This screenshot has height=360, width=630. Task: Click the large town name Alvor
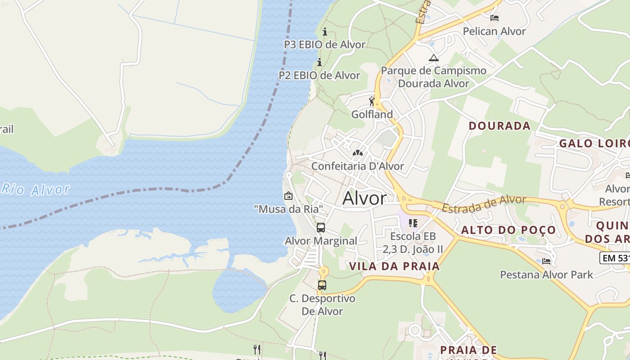click(364, 198)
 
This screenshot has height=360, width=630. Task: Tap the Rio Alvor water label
click(36, 189)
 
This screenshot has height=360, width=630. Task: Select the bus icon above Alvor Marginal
click(321, 228)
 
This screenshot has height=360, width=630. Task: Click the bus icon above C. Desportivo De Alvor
click(322, 285)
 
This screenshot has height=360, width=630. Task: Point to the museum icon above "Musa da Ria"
click(288, 196)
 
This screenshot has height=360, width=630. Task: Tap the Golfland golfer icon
click(372, 101)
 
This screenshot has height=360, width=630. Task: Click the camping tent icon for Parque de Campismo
click(433, 58)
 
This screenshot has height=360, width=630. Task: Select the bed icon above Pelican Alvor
click(495, 18)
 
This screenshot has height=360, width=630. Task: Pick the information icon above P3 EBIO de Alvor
click(325, 31)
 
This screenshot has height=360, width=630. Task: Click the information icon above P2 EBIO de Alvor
click(319, 62)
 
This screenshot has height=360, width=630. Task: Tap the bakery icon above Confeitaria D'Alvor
click(358, 153)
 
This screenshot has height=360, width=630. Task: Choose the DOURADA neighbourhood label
click(499, 126)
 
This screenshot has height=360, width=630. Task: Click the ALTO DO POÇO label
click(508, 230)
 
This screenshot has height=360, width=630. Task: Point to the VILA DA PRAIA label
click(395, 266)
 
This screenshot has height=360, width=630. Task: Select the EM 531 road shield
click(615, 258)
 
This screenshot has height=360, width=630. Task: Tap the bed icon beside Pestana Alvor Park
click(546, 261)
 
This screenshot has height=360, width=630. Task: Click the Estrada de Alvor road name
click(484, 204)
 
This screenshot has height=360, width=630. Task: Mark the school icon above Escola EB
click(413, 223)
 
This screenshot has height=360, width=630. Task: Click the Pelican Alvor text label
click(495, 31)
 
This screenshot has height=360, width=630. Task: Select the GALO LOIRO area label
click(594, 144)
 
